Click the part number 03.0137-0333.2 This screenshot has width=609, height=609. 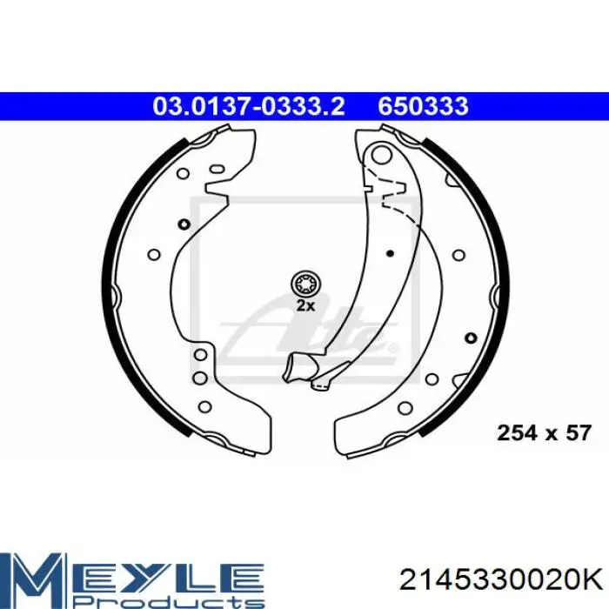249,106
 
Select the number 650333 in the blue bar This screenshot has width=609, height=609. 424,106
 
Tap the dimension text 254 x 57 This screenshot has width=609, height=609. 545,432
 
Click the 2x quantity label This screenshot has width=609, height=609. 305,306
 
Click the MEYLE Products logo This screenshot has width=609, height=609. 132,580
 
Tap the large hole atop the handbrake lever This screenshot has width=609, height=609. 381,154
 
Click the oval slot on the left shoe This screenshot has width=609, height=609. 217,170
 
